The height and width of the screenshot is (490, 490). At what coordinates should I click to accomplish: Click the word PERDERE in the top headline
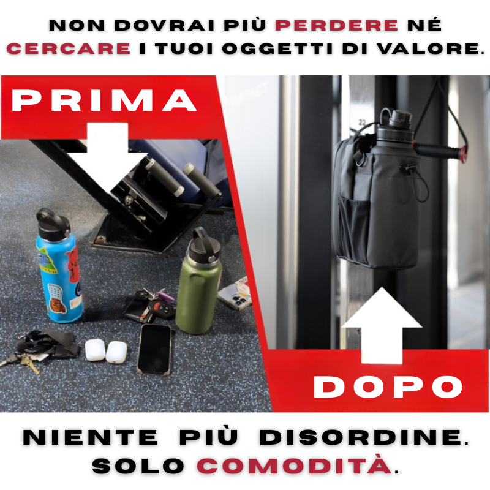[336, 26]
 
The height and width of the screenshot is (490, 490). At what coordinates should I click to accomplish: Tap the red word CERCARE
[69, 49]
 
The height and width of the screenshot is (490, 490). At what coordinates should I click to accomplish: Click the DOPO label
[388, 386]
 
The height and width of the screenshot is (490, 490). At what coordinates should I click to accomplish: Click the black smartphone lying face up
[154, 349]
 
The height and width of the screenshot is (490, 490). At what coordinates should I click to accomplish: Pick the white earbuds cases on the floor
[105, 350]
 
